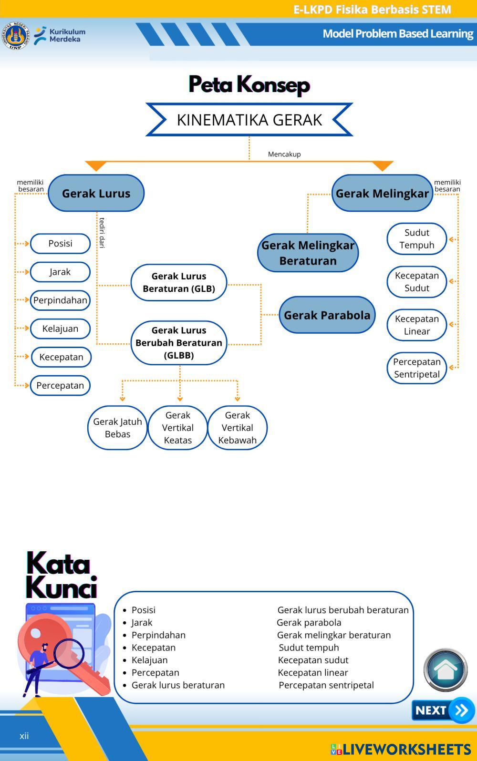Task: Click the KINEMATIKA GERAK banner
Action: pos(249,120)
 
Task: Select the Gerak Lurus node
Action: pos(96,193)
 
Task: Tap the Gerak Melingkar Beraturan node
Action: pos(308,253)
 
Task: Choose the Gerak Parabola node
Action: pos(327,315)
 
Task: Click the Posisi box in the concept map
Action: pos(60,244)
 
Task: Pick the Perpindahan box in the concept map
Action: pos(60,300)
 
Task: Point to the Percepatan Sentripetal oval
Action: pos(416,368)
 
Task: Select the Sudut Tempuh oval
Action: pos(416,239)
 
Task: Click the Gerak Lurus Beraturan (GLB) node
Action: pos(179,282)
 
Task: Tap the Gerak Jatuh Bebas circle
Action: pos(117,428)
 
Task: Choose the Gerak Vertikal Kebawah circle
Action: pos(237,428)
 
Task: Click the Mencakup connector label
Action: pos(284,154)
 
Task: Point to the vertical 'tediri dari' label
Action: pos(102,233)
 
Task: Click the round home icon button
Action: pos(446,670)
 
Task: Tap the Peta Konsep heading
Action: pos(249,84)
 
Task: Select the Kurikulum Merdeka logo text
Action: pos(67,35)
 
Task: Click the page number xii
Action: pos(24,736)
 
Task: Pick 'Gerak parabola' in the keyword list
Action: pos(309,622)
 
